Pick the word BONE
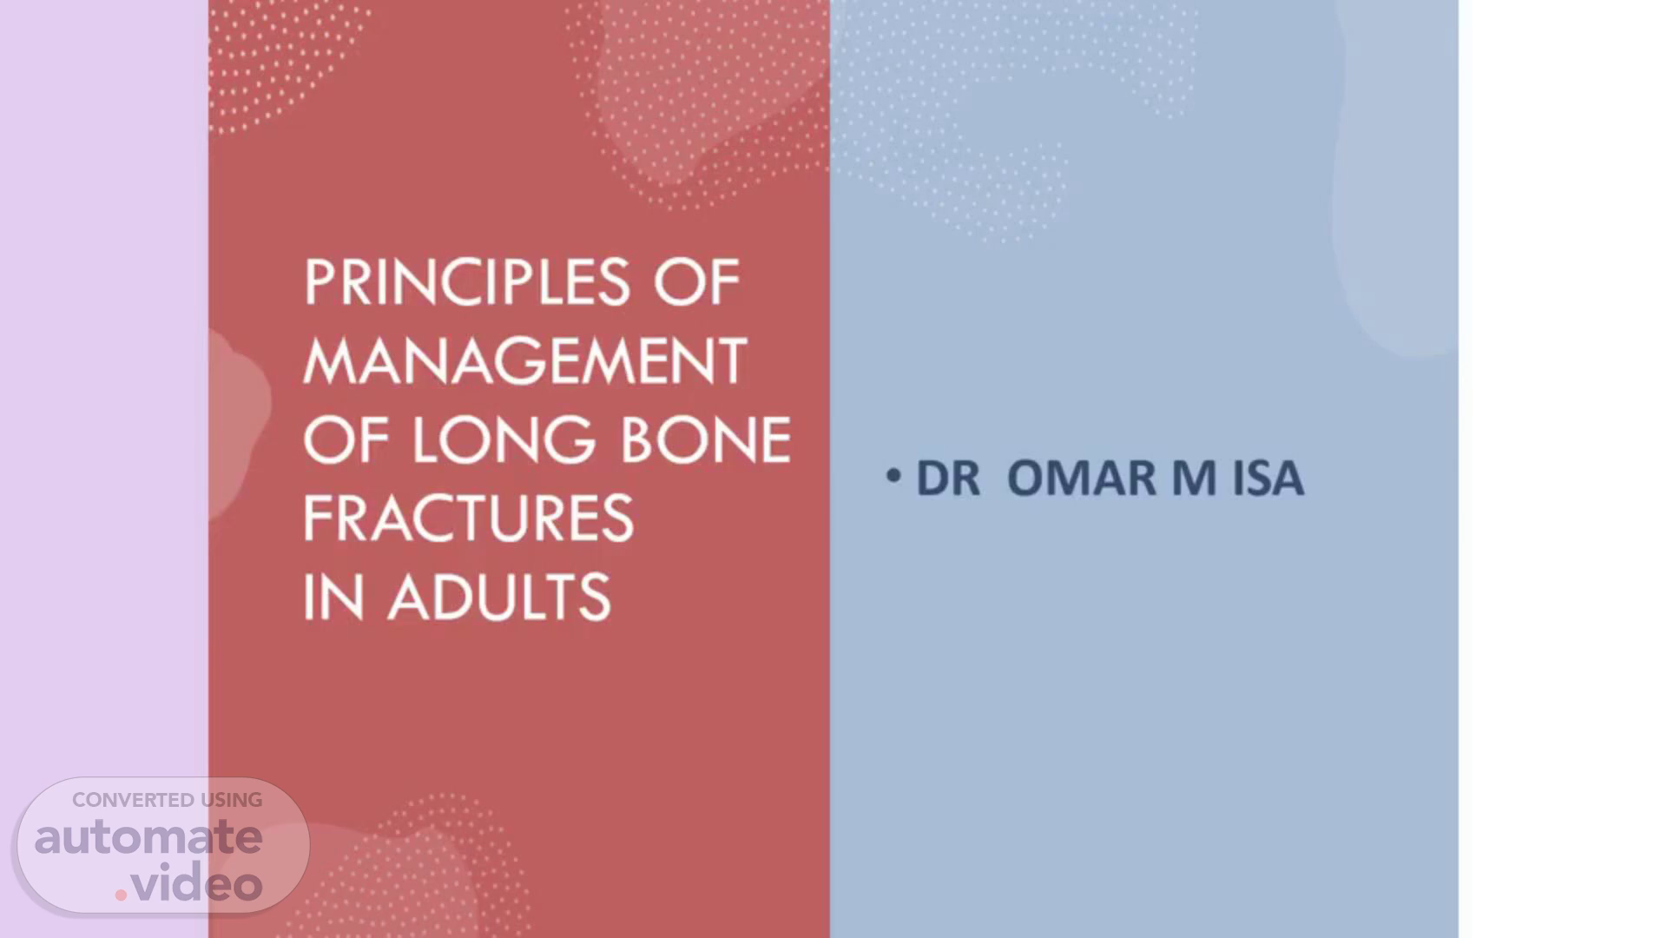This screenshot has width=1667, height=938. tap(706, 439)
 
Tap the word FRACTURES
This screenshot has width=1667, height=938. tap(469, 519)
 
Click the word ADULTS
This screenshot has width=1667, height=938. tap(499, 597)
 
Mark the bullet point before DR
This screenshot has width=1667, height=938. tap(893, 476)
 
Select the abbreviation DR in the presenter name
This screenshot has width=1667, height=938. tap(948, 479)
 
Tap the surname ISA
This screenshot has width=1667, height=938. tap(1268, 479)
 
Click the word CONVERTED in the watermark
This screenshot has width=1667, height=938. tap(133, 800)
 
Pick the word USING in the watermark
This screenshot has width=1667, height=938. tap(232, 800)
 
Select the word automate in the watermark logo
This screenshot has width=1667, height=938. tap(148, 837)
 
